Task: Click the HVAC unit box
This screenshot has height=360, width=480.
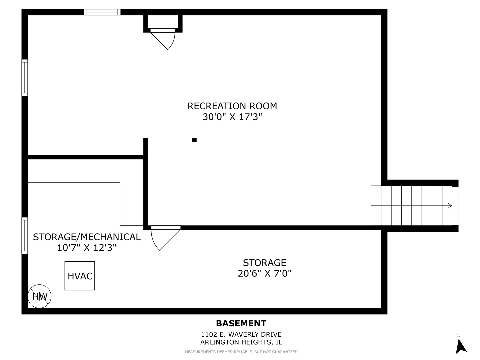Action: click(x=80, y=276)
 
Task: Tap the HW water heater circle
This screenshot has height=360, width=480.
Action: click(x=40, y=296)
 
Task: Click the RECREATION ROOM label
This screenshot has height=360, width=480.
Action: click(x=232, y=106)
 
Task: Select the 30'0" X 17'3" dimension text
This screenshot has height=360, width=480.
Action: click(x=232, y=117)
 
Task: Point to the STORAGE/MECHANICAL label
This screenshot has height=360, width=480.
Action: click(x=87, y=237)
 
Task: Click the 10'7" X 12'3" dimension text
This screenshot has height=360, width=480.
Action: click(x=87, y=248)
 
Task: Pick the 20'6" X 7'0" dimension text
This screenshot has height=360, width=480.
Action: click(x=264, y=273)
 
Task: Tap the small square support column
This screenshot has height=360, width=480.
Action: click(x=194, y=140)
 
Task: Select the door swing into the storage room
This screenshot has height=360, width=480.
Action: click(x=163, y=238)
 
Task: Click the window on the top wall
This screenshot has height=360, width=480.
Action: click(x=102, y=12)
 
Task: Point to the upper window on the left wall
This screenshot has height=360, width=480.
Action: click(x=25, y=78)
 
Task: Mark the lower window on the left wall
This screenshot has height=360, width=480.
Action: click(x=25, y=236)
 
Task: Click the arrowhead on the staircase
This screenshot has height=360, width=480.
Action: click(x=450, y=206)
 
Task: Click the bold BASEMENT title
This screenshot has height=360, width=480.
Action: click(x=241, y=324)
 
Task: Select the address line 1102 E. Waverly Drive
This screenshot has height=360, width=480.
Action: click(x=241, y=334)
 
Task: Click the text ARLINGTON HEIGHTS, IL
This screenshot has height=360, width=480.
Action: click(x=241, y=342)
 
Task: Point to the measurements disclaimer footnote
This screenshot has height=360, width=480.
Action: click(x=241, y=352)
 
